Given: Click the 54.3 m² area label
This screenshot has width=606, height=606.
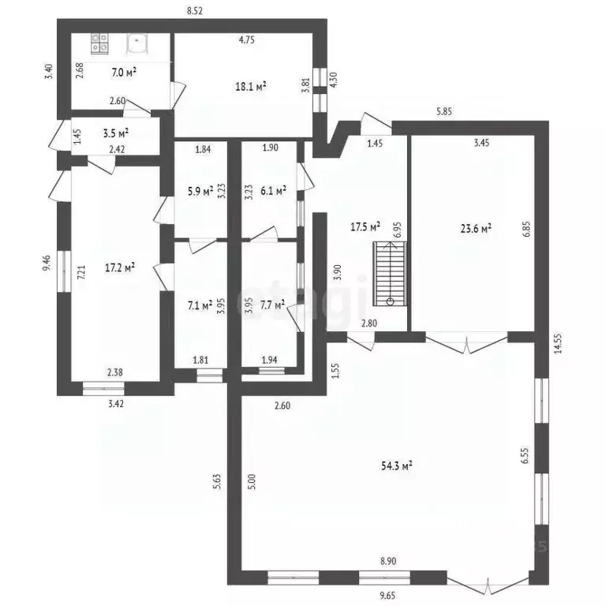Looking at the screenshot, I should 398,466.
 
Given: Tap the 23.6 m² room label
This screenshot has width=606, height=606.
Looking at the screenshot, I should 476,229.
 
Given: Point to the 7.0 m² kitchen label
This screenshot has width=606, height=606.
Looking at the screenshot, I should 124,73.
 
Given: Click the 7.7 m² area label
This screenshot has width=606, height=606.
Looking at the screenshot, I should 271,303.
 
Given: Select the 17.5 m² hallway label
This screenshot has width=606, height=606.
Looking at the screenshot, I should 365,226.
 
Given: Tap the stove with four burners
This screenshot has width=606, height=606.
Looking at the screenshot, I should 100,43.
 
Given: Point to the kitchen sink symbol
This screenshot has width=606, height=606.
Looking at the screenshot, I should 137,41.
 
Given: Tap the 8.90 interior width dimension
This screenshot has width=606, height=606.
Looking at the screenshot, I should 387,561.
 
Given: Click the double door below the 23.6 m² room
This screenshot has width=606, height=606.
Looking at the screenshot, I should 466,341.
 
